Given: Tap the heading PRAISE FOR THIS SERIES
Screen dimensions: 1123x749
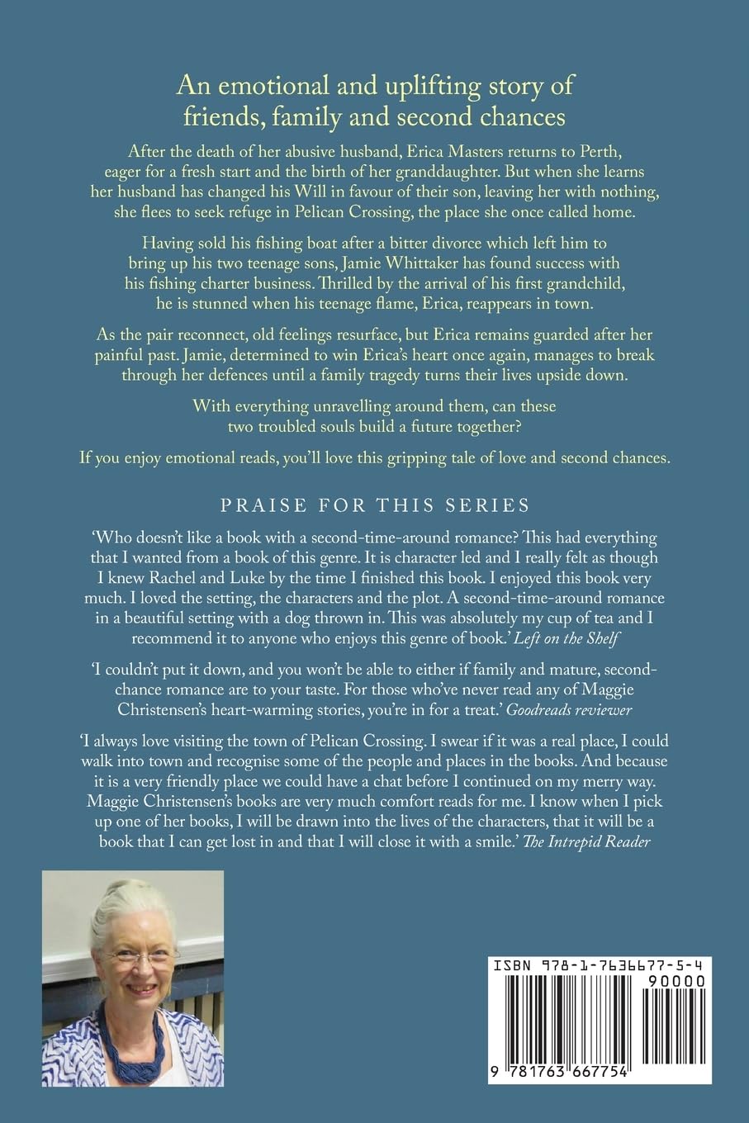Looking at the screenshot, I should pyautogui.click(x=374, y=504).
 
